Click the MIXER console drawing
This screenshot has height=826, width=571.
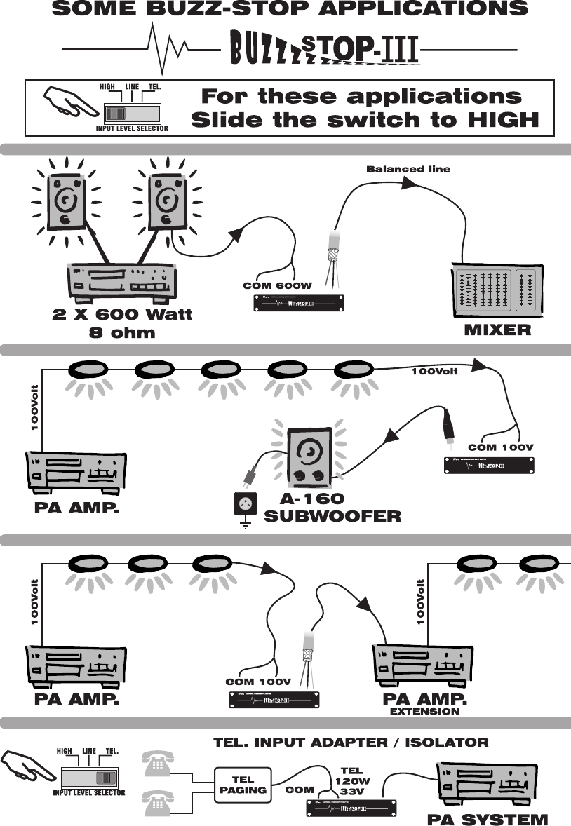495,290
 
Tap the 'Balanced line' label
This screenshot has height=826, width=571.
408,169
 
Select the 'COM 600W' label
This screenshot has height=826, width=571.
276,286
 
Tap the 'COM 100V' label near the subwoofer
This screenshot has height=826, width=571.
501,447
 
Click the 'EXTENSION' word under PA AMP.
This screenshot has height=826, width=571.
424,711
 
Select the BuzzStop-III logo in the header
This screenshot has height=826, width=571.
325,49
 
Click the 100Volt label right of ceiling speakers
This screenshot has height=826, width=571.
434,371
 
